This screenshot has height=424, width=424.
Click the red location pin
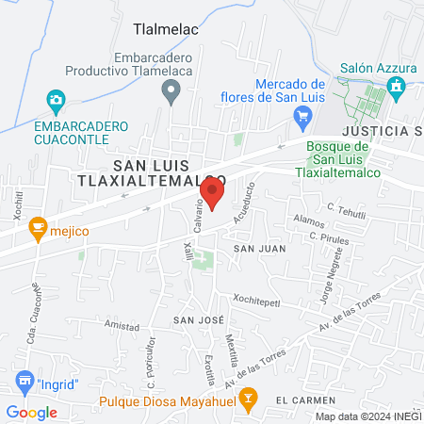pyautogui.click(x=213, y=195)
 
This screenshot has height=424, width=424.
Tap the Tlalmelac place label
pyautogui.click(x=166, y=30)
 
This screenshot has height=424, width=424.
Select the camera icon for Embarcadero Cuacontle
pyautogui.click(x=56, y=99)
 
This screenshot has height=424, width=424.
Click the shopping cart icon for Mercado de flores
pyautogui.click(x=302, y=117)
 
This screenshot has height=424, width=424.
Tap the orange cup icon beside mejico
pyautogui.click(x=37, y=226)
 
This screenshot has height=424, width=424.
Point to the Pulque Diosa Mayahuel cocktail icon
pyautogui.click(x=247, y=398)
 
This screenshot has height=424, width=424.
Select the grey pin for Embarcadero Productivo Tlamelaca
pyautogui.click(x=171, y=91)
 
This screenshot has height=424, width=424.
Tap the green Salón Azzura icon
pyautogui.click(x=396, y=87)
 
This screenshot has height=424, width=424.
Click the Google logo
pyautogui.click(x=31, y=412)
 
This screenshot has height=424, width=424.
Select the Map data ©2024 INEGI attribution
pyautogui.click(x=367, y=416)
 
